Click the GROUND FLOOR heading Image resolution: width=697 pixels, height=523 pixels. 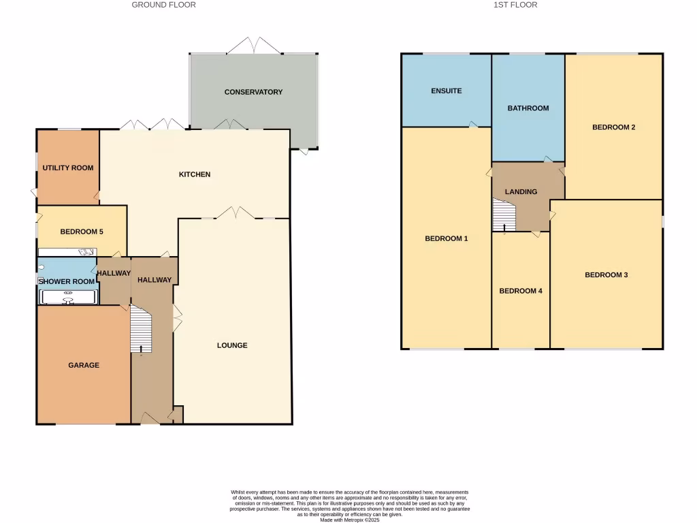163,5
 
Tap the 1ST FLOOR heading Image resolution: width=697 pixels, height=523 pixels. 515,5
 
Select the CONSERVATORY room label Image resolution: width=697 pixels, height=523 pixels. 253,92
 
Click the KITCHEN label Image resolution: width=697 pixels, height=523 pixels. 195,174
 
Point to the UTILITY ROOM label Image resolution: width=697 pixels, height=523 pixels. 68,168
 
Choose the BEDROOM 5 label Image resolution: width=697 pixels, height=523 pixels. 82,232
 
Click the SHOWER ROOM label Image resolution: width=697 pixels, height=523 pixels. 66,281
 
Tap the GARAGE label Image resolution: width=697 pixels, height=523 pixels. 84,365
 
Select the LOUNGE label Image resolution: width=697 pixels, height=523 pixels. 232,345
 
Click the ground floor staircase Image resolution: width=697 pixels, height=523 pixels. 141,329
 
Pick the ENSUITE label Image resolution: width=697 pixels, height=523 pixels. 446,91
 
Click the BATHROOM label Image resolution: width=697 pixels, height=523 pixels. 528,108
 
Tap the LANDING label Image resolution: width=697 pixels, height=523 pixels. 521,191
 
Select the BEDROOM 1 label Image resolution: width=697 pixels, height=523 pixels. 446,238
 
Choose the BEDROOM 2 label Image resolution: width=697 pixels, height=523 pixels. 613,127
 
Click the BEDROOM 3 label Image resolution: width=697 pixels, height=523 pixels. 606,275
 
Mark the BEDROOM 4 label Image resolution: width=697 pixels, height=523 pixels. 521,291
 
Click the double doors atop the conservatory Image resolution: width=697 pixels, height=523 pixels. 253,46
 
